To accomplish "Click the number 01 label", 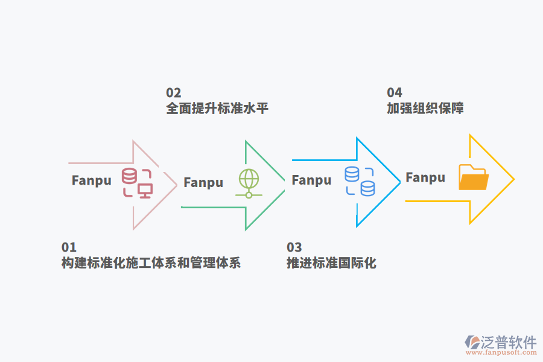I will click(x=69, y=247).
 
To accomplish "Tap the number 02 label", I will click(x=173, y=93).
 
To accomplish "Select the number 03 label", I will click(x=294, y=247).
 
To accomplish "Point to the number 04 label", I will click(x=394, y=93).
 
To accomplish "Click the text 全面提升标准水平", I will click(x=217, y=109).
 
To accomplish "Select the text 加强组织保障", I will click(x=425, y=109).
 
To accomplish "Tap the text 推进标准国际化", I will click(x=331, y=264).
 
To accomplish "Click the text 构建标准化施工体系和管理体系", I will click(x=151, y=264).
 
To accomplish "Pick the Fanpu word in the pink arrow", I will click(x=92, y=180).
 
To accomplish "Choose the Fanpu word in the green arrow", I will click(x=203, y=183).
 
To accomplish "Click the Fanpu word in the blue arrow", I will click(x=311, y=180).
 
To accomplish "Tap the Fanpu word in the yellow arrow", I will click(x=425, y=177).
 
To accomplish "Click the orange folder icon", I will click(x=473, y=177).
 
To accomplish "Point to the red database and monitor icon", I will click(x=137, y=183).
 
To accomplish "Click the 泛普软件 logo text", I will click(x=509, y=342).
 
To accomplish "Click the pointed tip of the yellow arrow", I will click(x=513, y=179).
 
